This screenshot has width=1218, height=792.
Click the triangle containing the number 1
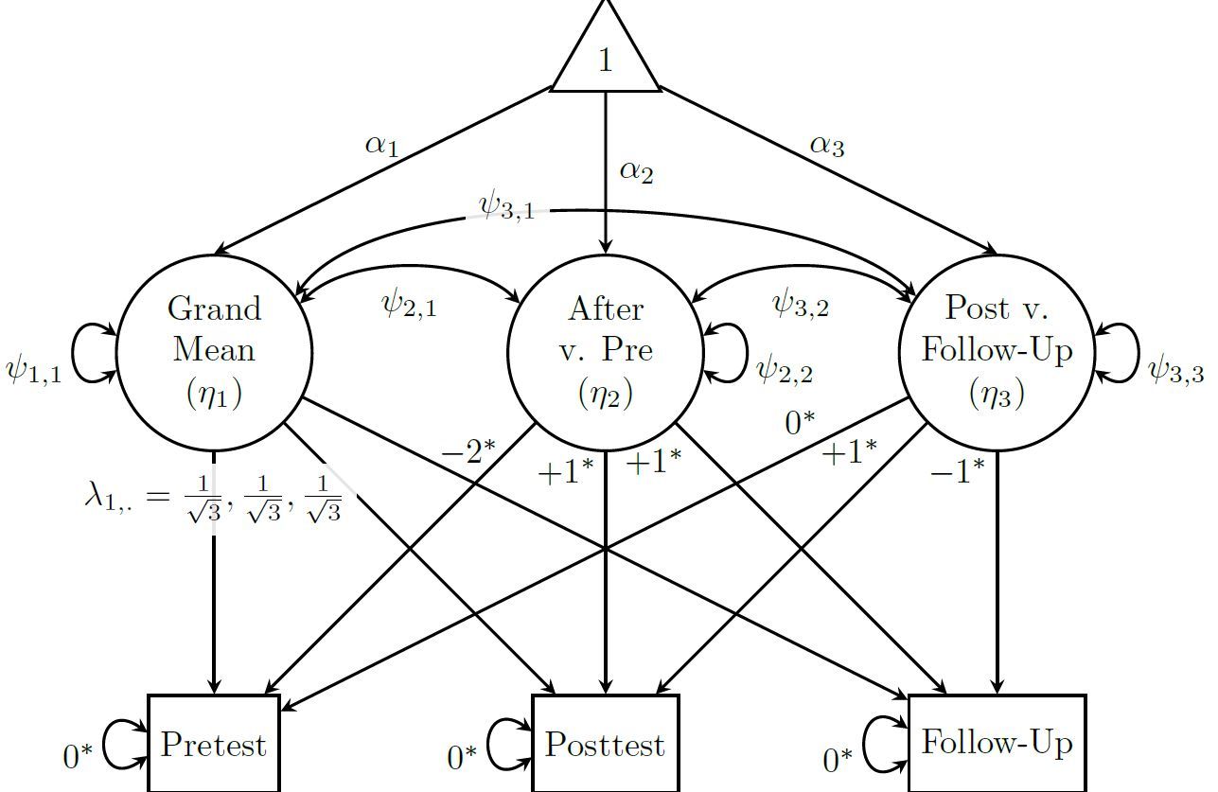(x=606, y=57)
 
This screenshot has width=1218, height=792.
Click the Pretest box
(x=214, y=745)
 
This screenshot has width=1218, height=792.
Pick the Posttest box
(x=606, y=745)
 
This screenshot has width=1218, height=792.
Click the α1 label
(x=381, y=147)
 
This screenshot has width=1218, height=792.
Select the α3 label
(x=827, y=147)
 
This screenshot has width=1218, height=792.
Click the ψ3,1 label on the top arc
(x=507, y=207)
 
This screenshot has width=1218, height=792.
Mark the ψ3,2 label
(x=801, y=305)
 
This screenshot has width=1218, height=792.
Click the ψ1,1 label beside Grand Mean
(x=34, y=371)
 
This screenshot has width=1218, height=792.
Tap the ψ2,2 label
(x=785, y=370)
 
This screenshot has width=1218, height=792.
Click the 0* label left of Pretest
(x=79, y=757)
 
